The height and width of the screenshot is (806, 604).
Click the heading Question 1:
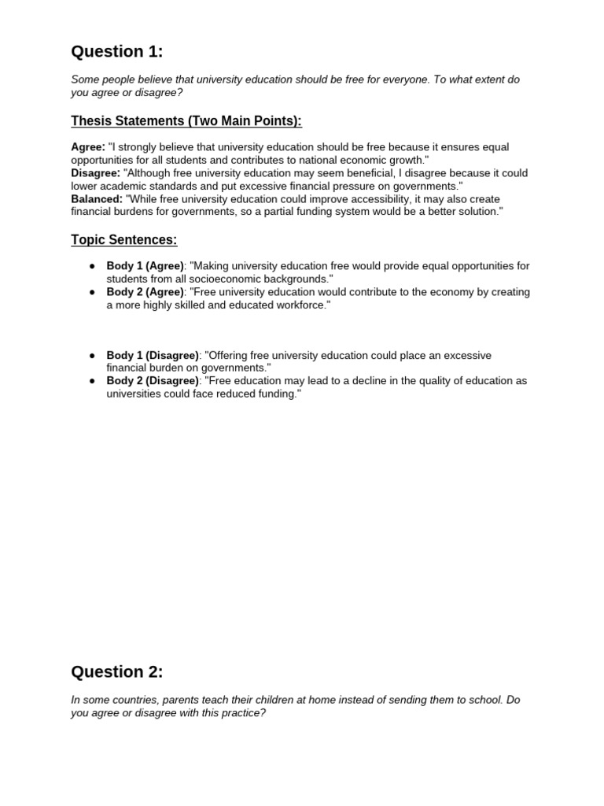pyautogui.click(x=117, y=52)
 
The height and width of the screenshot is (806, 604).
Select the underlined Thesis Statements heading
pyautogui.click(x=186, y=121)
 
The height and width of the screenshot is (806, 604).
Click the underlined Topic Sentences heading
pyautogui.click(x=124, y=240)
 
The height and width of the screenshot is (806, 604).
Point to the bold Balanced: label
pyautogui.click(x=97, y=199)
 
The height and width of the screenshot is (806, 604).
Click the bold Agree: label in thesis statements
pyautogui.click(x=88, y=147)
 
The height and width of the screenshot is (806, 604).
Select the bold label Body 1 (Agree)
pyautogui.click(x=145, y=266)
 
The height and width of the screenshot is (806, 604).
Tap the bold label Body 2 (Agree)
pyautogui.click(x=145, y=292)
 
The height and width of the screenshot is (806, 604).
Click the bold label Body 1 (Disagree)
pyautogui.click(x=153, y=356)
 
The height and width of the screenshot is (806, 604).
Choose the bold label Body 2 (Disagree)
pyautogui.click(x=153, y=381)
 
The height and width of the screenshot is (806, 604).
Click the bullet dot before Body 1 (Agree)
pyautogui.click(x=92, y=266)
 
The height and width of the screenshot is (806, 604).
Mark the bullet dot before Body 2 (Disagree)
pyautogui.click(x=92, y=381)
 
